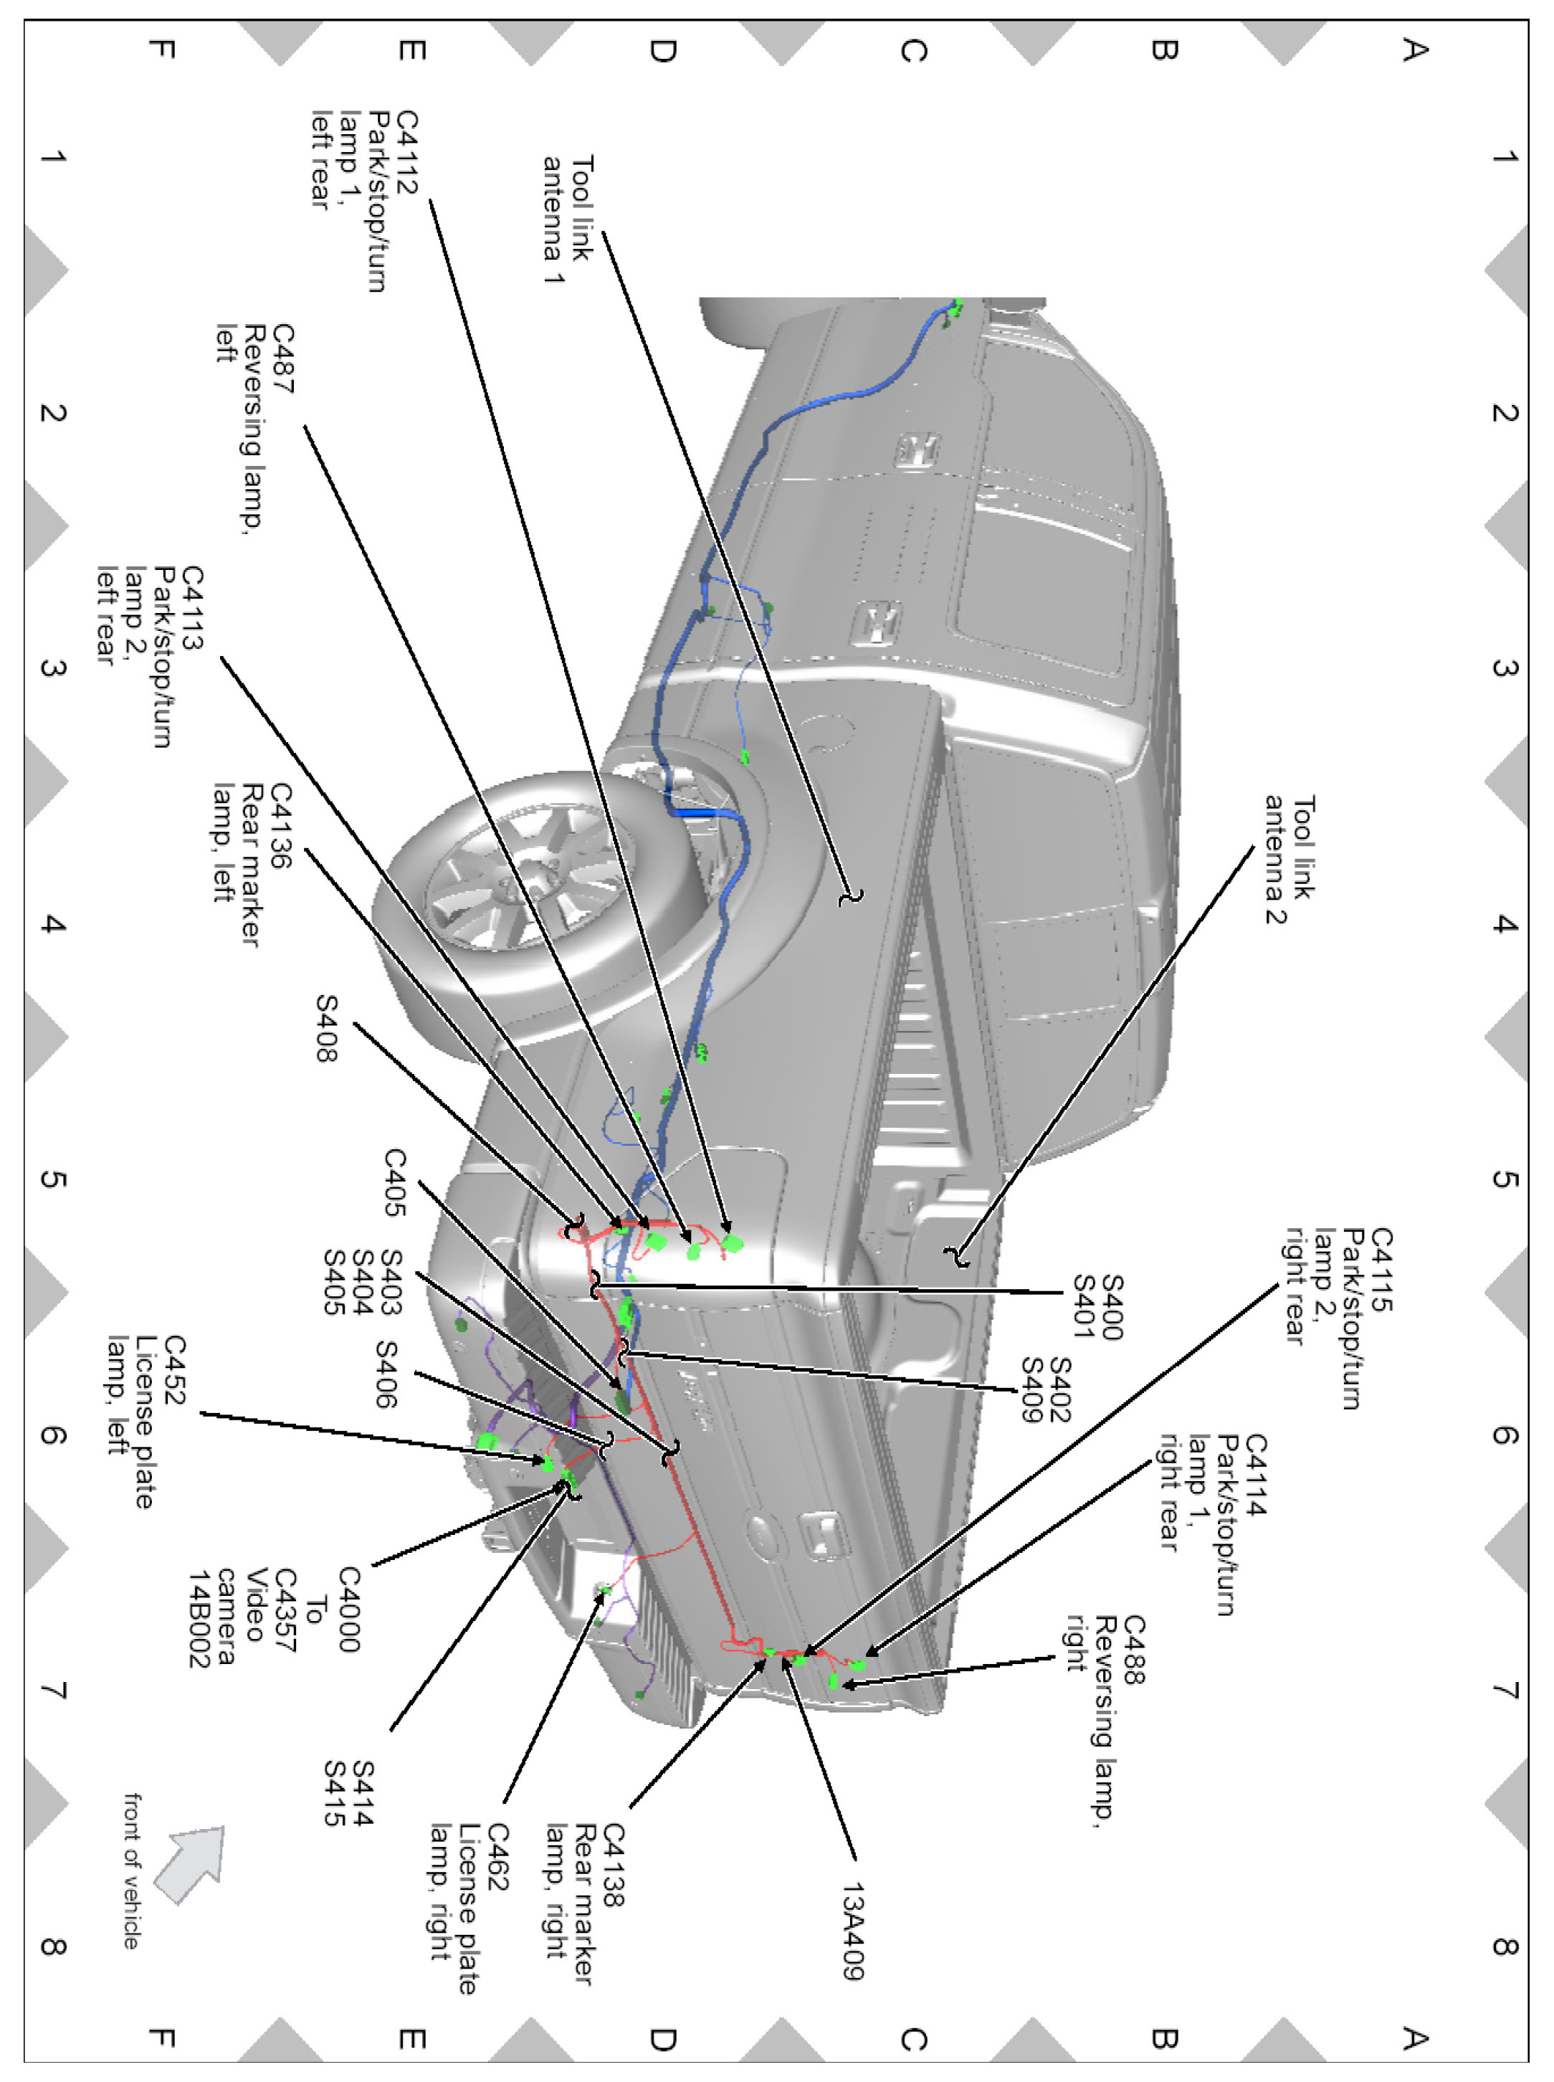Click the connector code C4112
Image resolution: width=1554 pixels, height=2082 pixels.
(406, 151)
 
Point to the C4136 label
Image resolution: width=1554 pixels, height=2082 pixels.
(280, 826)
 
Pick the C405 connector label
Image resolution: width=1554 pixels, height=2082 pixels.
(394, 1182)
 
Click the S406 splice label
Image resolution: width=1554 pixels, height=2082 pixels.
(386, 1374)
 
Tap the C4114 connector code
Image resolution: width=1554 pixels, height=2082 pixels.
(1255, 1475)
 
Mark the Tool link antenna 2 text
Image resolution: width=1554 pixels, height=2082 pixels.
(1289, 860)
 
